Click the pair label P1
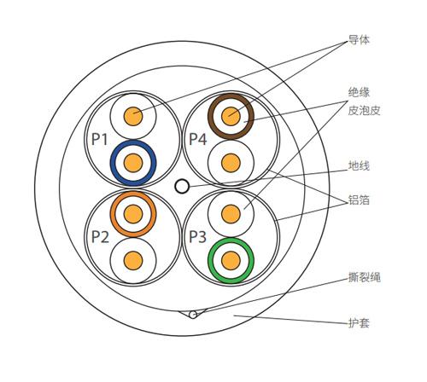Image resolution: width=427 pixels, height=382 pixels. (100, 140)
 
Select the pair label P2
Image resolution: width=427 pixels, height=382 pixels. (100, 237)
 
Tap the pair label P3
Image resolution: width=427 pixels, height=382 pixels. (197, 237)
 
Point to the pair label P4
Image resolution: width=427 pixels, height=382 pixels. (198, 139)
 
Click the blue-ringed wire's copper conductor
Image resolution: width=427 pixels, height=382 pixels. (133, 163)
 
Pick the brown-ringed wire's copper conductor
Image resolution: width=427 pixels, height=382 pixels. (231, 116)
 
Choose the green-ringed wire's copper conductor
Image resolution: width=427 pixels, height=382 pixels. (231, 261)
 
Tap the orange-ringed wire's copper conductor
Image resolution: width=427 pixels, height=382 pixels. (133, 214)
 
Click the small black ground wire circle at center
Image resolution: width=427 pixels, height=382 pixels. (182, 186)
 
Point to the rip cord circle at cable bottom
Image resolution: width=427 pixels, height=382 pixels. (193, 315)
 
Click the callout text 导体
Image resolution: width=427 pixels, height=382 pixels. (359, 40)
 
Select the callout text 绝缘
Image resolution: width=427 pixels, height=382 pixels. (359, 92)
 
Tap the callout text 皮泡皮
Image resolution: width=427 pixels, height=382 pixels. (364, 110)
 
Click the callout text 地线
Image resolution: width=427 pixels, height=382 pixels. (359, 165)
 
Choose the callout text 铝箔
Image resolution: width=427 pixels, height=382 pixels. (359, 200)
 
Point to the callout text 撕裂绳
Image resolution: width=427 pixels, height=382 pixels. (365, 277)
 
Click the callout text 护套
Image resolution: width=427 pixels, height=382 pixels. (359, 323)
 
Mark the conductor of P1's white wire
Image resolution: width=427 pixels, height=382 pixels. (133, 116)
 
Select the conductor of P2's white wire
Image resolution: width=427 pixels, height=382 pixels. (133, 261)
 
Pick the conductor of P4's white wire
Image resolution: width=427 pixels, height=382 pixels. (231, 163)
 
